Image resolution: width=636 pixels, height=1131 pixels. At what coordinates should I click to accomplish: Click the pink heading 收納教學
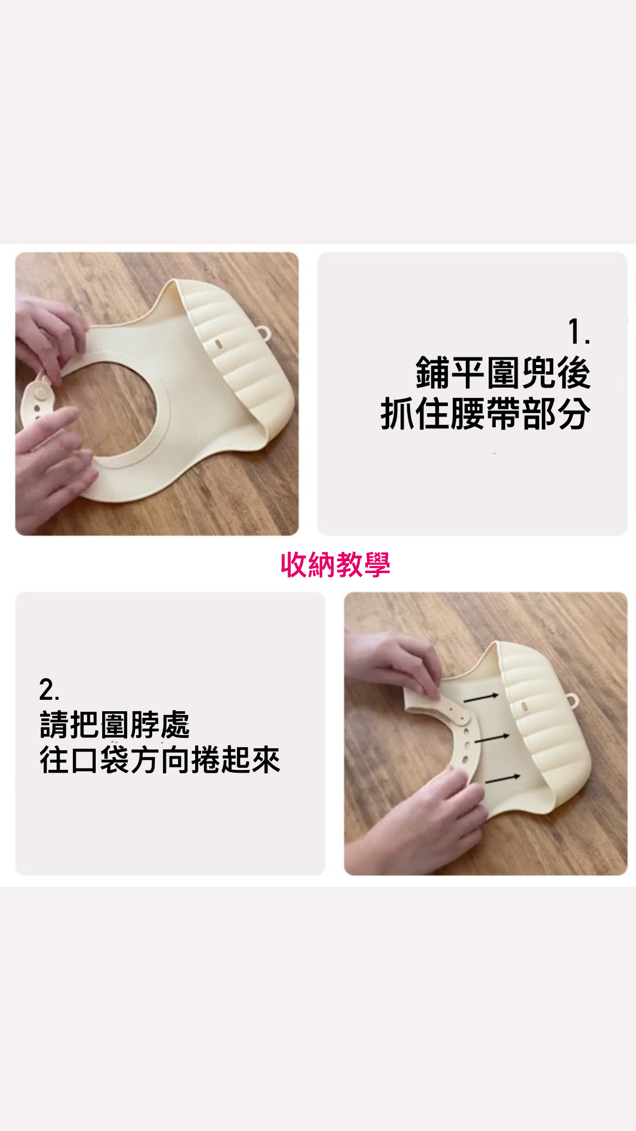335,564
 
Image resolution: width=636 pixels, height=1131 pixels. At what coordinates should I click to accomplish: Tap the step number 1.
578,332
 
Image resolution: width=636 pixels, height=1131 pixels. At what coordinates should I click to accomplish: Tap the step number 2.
49,689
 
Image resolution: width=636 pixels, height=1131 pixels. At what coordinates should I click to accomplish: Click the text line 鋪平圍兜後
503,373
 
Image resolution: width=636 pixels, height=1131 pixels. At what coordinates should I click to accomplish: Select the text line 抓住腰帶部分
485,414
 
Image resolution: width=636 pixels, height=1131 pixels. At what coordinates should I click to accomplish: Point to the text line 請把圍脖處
115,725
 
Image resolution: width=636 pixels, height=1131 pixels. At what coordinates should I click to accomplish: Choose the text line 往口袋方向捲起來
160,760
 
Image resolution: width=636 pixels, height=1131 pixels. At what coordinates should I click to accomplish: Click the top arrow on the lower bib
481,697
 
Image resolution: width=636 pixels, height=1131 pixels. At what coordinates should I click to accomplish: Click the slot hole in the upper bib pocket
217,344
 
